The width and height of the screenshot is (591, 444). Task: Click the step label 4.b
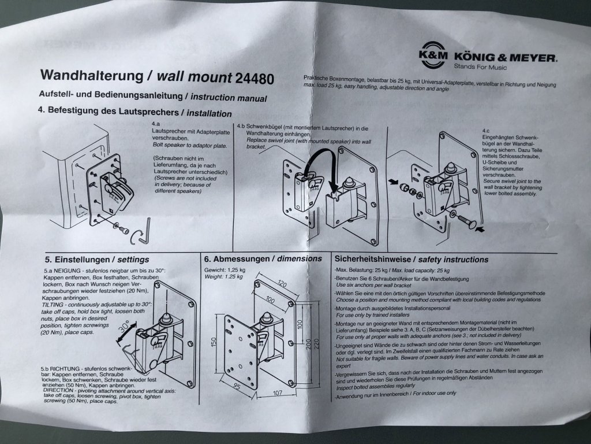(240, 126)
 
